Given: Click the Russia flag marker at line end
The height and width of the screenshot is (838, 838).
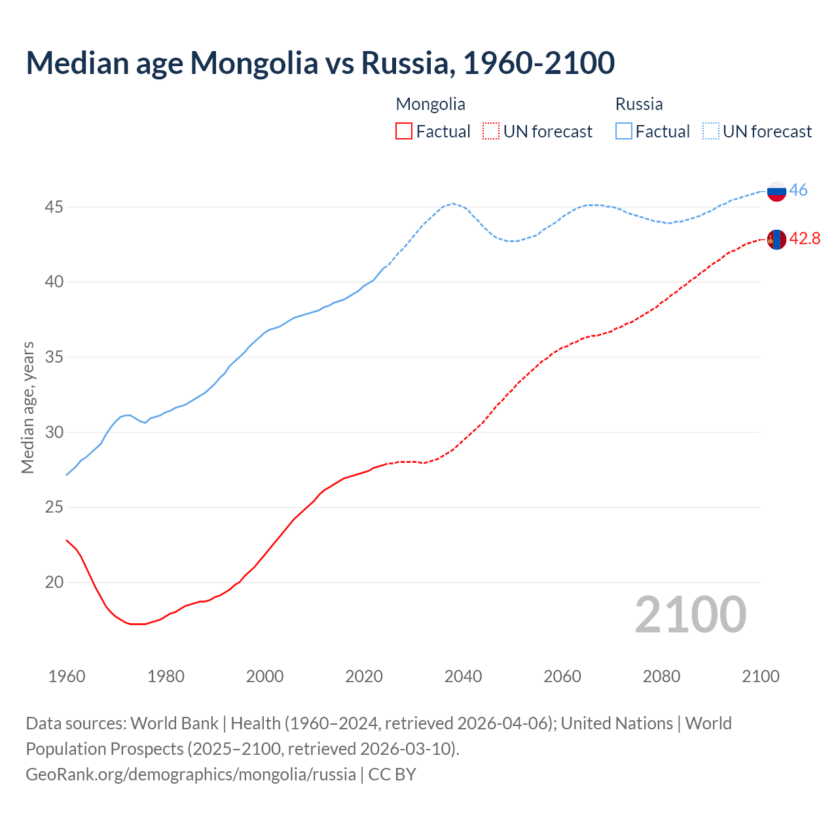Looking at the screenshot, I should (776, 191).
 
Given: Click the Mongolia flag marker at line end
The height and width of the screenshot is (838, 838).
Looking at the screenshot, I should (776, 240).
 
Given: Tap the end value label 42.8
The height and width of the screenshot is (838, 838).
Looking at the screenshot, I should (805, 239).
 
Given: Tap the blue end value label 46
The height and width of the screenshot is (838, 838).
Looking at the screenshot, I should (798, 191).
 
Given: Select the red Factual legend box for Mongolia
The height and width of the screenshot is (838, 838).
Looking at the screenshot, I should (404, 132).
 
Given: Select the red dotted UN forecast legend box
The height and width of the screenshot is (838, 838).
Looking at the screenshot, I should (491, 132).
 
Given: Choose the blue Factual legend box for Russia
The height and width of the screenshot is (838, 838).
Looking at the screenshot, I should (624, 132).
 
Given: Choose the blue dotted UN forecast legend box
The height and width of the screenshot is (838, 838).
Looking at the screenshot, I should (711, 132).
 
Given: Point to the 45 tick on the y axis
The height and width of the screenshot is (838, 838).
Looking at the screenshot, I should (54, 208).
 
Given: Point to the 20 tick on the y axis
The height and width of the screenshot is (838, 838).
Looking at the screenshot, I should (54, 583).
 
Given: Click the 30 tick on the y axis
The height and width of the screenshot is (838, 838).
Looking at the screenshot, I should (54, 433).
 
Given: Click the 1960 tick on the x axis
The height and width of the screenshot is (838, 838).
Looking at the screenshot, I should (67, 676).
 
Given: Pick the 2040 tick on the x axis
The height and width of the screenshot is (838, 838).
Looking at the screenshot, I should (464, 676).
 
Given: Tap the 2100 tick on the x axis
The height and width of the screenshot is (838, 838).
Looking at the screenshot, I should (761, 676).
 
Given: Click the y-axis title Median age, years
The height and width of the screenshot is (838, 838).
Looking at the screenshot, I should (27, 407).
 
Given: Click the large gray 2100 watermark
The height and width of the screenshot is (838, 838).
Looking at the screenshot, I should (691, 615).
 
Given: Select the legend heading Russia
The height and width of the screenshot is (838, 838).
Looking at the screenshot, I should (639, 104).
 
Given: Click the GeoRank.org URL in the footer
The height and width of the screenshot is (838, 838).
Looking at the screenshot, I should (191, 774).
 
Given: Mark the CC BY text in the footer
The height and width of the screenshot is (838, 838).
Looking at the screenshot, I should (392, 774).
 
